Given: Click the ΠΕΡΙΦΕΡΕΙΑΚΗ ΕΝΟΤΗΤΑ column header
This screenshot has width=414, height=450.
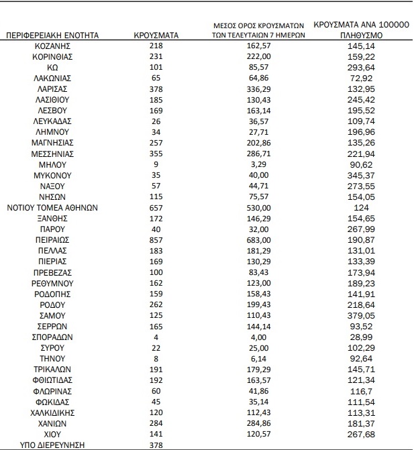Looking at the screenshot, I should pyautogui.click(x=52, y=34).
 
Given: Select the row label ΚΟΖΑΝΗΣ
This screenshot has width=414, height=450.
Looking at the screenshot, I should pyautogui.click(x=52, y=46).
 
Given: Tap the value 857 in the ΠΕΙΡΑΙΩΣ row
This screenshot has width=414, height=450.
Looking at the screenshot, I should pyautogui.click(x=156, y=239).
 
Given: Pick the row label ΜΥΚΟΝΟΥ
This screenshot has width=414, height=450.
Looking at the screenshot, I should pyautogui.click(x=52, y=175).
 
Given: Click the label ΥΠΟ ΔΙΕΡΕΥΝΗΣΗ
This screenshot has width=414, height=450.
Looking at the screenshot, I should pyautogui.click(x=52, y=444).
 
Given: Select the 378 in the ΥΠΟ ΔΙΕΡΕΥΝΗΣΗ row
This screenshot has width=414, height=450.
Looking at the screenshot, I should pyautogui.click(x=156, y=444).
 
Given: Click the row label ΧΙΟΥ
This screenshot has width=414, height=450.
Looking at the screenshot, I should pyautogui.click(x=52, y=433).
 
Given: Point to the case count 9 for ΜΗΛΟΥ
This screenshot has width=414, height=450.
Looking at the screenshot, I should pyautogui.click(x=156, y=164).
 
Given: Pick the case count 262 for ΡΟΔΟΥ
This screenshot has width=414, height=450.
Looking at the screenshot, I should pyautogui.click(x=156, y=304).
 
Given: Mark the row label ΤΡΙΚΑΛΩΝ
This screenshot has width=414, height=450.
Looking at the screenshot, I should pyautogui.click(x=52, y=369).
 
